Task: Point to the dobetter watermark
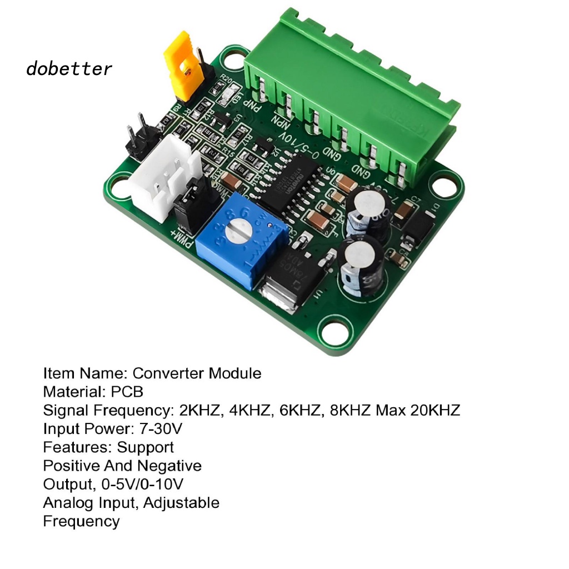point(69,69)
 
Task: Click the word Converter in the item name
point(168,373)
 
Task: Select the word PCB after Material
point(127,392)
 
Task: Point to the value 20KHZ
point(435,411)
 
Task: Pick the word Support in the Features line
point(146,447)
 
